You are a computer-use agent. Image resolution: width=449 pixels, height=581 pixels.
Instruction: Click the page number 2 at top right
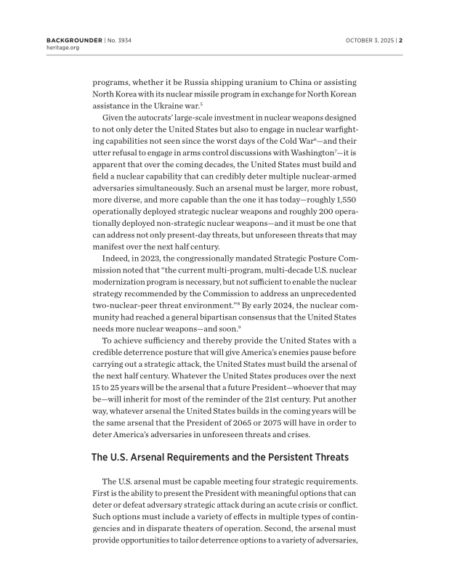[x=400, y=40]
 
